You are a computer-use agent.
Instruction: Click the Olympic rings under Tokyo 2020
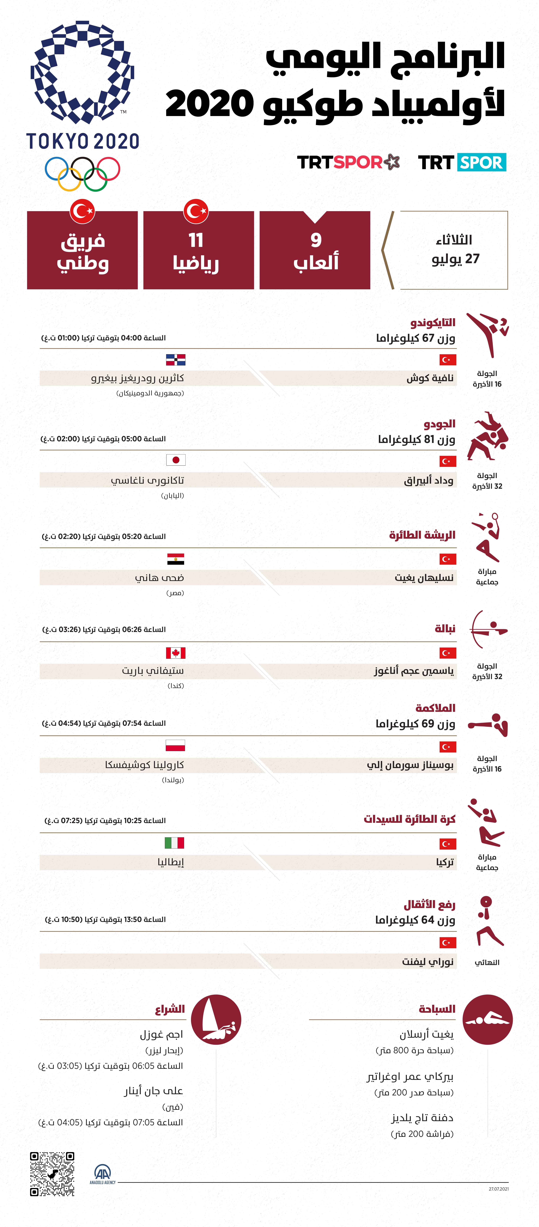coord(82,173)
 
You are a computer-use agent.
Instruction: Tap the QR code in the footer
coord(52,1174)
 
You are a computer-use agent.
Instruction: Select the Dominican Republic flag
coord(175,360)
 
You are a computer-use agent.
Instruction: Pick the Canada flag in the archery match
coord(175,653)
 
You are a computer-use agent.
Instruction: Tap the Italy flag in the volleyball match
coord(174,843)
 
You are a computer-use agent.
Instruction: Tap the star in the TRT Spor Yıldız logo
coord(391,162)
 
